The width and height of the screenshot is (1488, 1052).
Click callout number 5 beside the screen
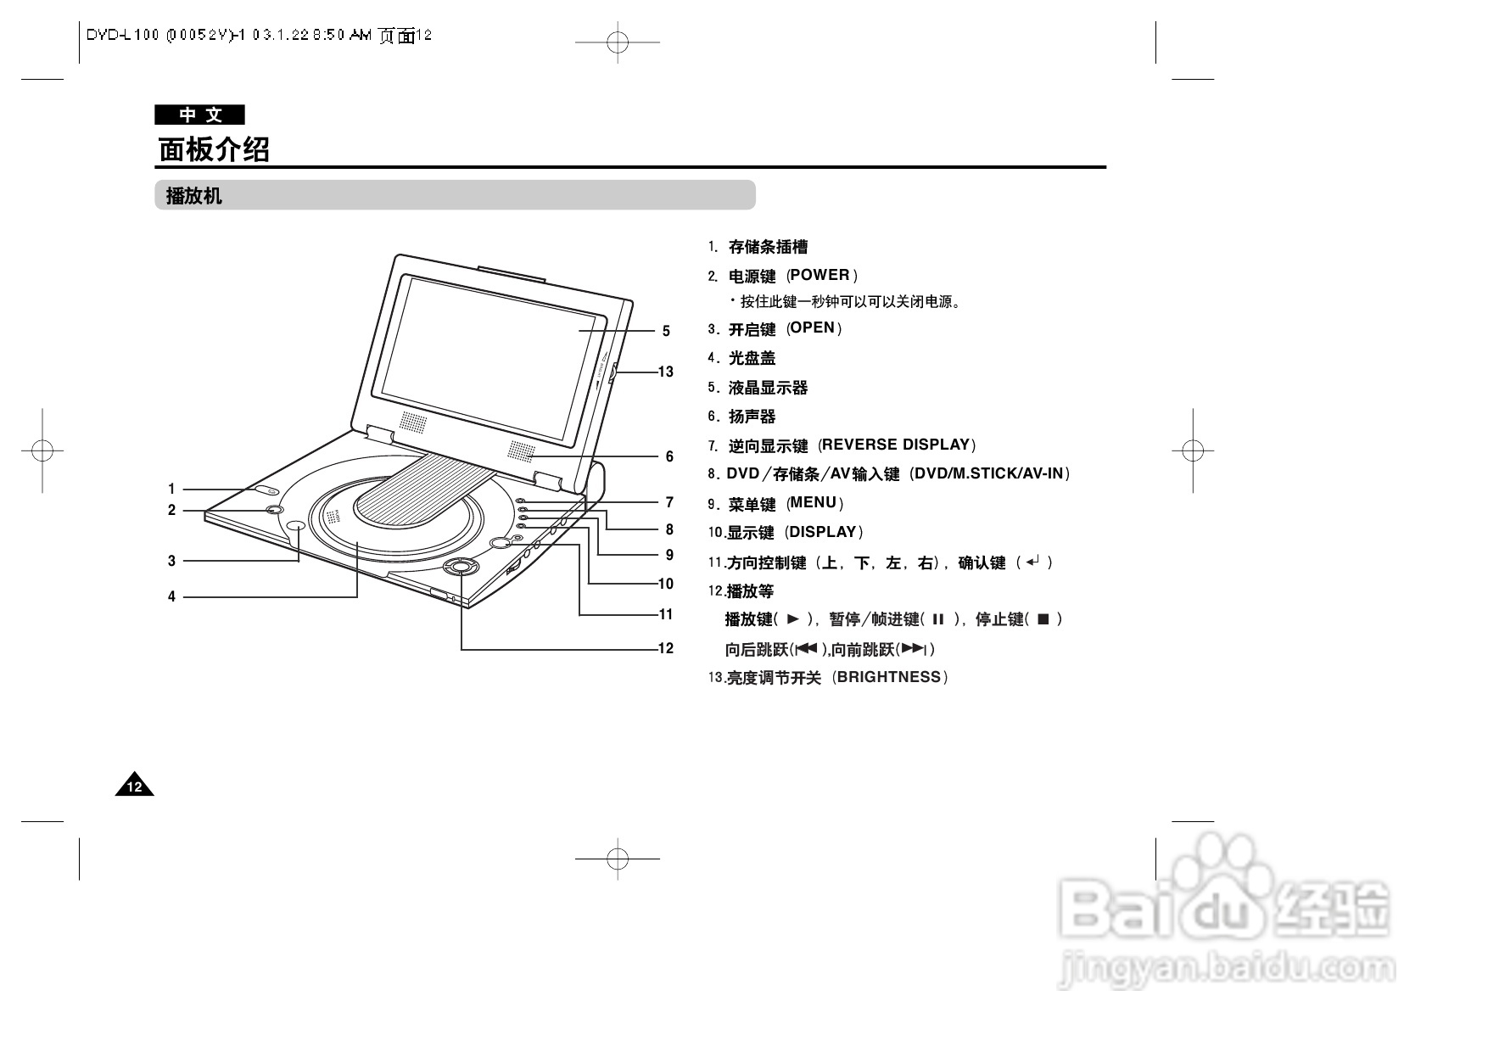point(666,331)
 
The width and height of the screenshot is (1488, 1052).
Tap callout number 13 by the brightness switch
point(665,372)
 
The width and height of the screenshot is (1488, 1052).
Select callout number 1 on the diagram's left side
point(171,489)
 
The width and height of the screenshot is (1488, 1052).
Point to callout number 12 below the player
point(665,648)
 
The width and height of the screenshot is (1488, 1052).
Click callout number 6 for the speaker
point(668,456)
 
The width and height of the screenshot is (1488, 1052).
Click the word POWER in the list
point(820,275)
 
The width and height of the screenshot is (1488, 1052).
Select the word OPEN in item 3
point(813,328)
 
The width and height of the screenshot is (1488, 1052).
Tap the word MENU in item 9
point(814,502)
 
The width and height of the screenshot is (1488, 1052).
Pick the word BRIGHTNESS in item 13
point(889,677)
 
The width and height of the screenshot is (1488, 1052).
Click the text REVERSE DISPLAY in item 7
point(895,445)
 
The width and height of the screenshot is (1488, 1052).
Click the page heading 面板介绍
point(214,149)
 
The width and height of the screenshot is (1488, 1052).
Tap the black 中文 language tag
point(200,115)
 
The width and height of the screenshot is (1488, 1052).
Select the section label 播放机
point(194,196)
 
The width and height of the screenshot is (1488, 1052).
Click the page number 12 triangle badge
point(135,787)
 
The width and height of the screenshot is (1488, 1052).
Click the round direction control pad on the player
point(460,567)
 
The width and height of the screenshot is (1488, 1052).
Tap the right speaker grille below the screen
point(523,452)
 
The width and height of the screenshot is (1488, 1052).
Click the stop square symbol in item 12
point(1043,619)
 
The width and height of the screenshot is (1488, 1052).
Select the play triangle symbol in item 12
point(793,619)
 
